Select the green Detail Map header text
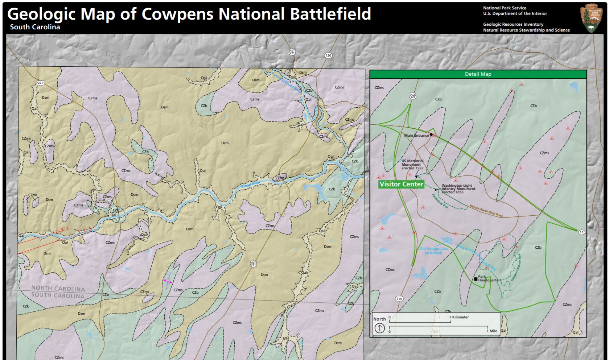[x=478, y=74]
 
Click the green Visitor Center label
[x=401, y=184]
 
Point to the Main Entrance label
[x=416, y=136]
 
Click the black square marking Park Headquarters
[x=476, y=279]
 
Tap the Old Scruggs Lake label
[x=434, y=251]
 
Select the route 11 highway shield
[x=581, y=232]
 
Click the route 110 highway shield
[x=399, y=299]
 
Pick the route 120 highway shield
[x=328, y=55]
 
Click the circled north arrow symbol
[x=379, y=328]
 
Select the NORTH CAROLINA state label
[x=58, y=289]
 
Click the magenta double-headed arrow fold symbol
[x=168, y=281]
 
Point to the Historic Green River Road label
[x=486, y=211]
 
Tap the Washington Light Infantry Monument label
[x=458, y=189]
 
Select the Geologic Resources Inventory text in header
[x=513, y=24]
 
